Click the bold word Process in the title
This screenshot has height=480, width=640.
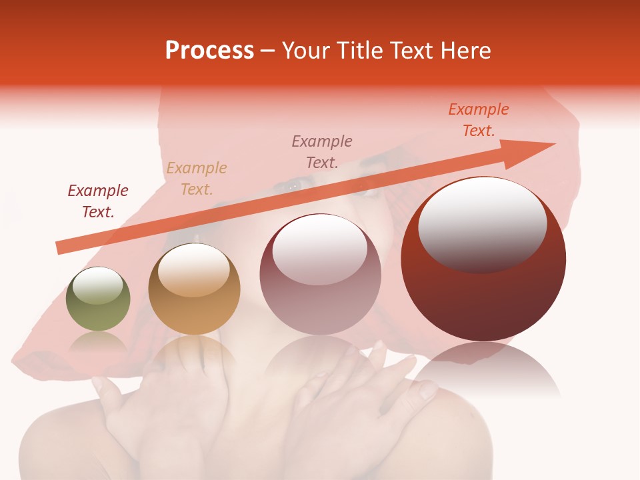(x=209, y=51)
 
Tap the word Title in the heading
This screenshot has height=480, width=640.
(x=357, y=51)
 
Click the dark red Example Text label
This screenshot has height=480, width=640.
(x=98, y=201)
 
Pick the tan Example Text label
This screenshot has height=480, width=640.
(x=197, y=179)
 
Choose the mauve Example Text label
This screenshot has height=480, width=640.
(x=322, y=151)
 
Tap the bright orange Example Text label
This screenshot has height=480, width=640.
(x=479, y=120)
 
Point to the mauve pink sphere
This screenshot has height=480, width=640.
(x=321, y=274)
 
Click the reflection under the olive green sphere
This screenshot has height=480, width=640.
(x=98, y=343)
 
